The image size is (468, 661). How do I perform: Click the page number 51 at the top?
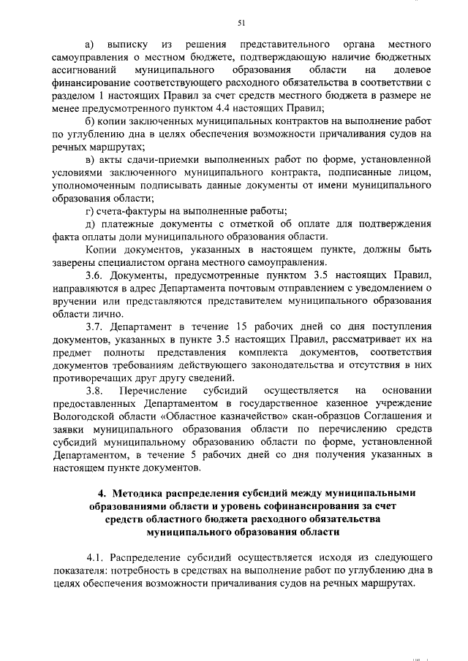pyautogui.click(x=241, y=23)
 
